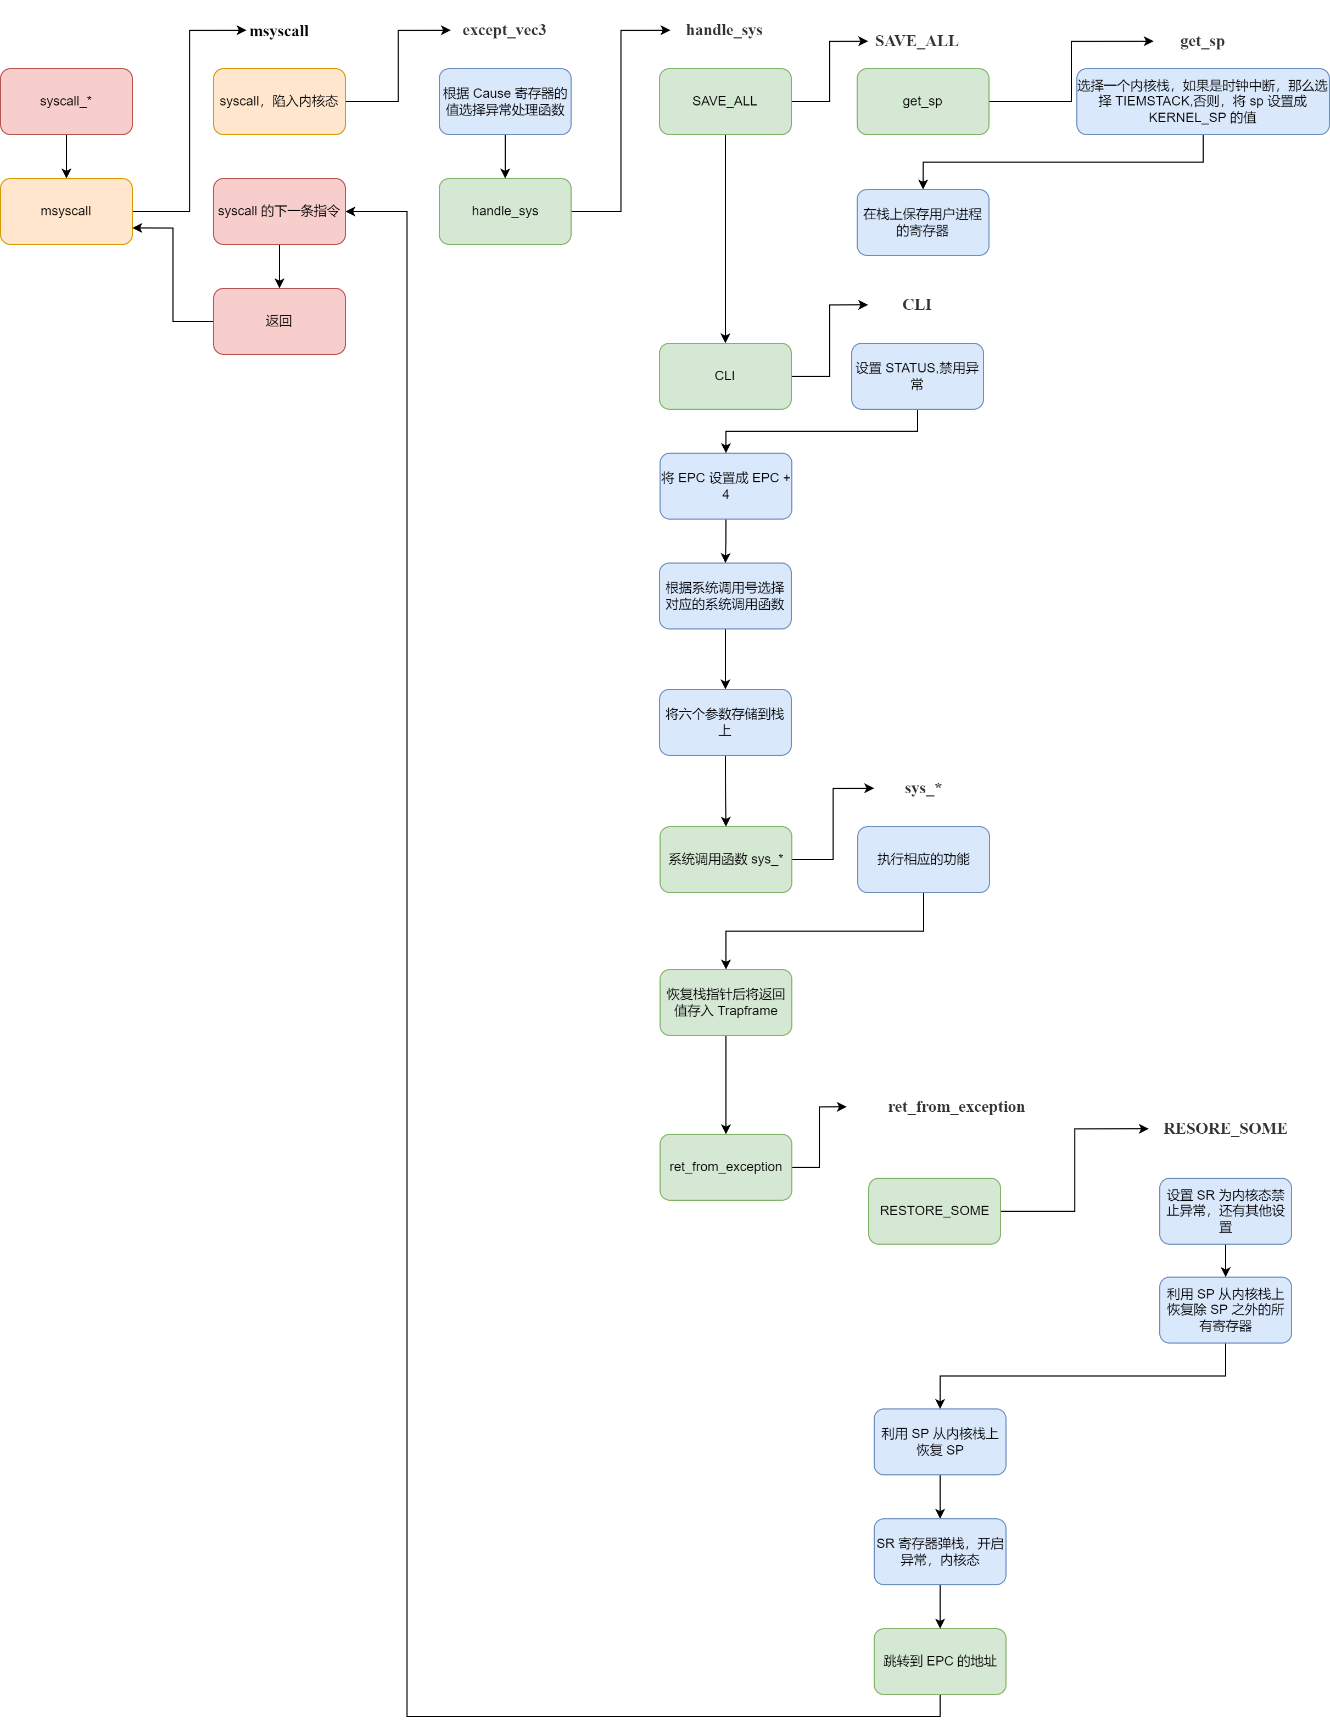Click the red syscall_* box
tap(66, 101)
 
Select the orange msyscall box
tap(66, 211)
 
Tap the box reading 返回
tap(279, 321)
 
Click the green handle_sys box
tap(505, 211)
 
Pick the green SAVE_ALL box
tap(725, 101)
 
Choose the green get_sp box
tap(923, 101)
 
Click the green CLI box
tap(725, 376)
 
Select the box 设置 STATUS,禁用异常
tap(917, 376)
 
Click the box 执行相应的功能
tap(924, 860)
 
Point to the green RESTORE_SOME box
tap(935, 1211)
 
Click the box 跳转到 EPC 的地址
tap(940, 1662)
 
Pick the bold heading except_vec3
tap(505, 30)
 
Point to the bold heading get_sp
tap(1202, 41)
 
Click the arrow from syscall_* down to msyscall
tap(66, 157)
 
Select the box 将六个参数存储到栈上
tap(725, 722)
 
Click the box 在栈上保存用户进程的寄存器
tap(923, 222)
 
